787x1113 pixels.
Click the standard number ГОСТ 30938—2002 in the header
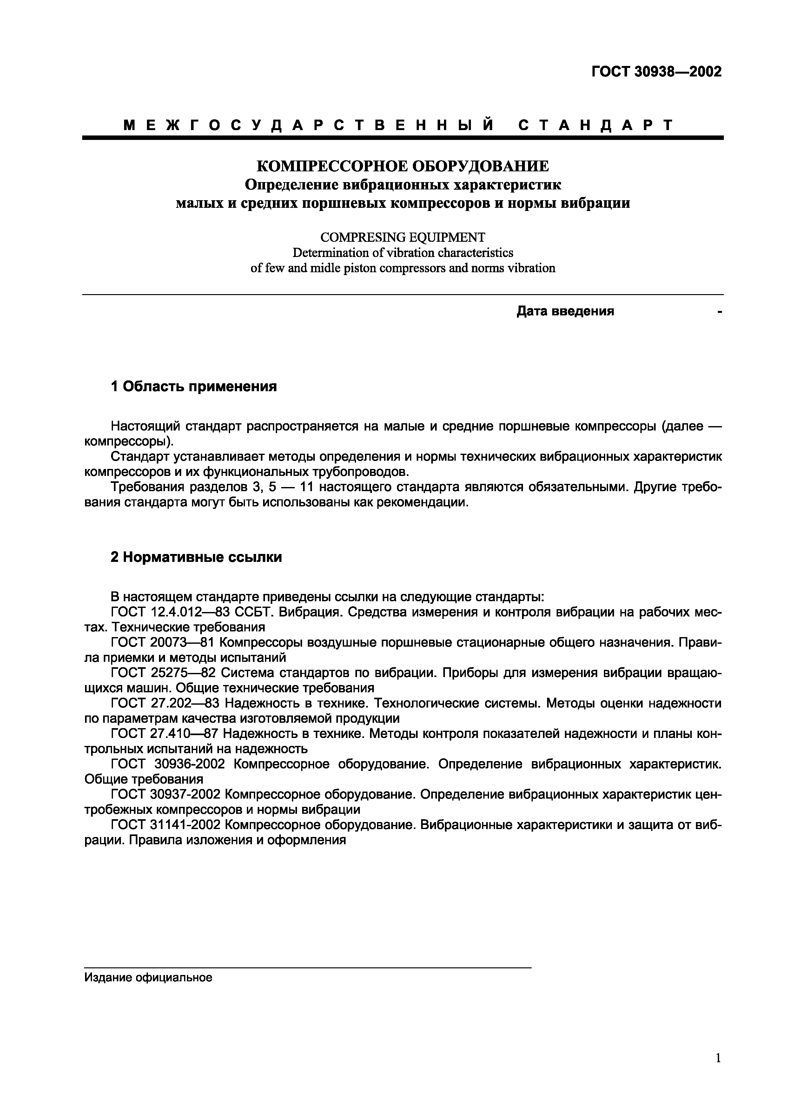click(x=656, y=72)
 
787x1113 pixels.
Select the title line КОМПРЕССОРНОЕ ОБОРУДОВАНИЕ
click(x=402, y=166)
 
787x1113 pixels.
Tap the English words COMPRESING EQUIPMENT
click(x=402, y=237)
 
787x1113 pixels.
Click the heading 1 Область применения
click(x=194, y=386)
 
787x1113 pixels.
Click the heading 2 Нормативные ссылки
click(x=196, y=557)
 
